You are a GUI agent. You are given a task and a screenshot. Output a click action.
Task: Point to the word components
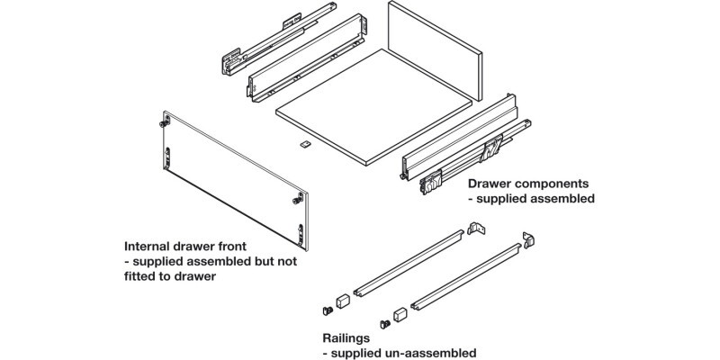point(555,182)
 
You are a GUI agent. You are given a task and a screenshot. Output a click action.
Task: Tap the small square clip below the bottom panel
point(304,144)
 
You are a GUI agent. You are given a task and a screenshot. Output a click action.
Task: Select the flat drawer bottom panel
point(373,112)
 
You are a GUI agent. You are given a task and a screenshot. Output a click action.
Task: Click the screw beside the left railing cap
point(328,308)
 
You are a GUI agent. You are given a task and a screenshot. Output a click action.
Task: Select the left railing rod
point(409,262)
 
